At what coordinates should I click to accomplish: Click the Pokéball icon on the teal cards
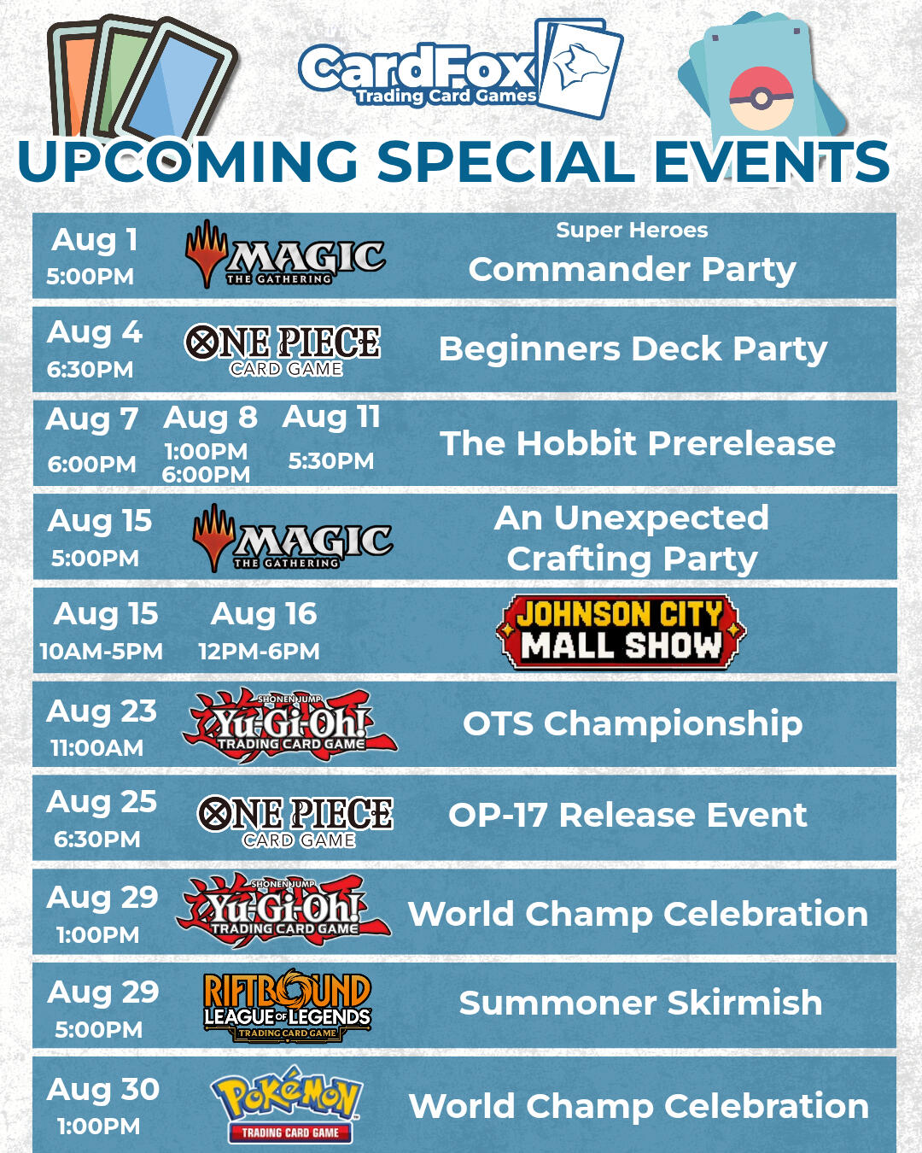(x=761, y=98)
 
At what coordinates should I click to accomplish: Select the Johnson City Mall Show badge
(x=621, y=631)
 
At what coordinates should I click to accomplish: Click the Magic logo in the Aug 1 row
(x=285, y=255)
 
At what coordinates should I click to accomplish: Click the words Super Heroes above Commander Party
(x=632, y=231)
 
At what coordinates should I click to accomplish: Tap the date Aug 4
(x=95, y=332)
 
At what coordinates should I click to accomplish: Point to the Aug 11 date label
(x=331, y=417)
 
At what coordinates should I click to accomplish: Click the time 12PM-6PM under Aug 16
(x=260, y=652)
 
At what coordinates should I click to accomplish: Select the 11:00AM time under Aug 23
(x=97, y=748)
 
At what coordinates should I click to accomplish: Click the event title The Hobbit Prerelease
(x=638, y=443)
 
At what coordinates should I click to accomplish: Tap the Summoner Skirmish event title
(x=641, y=1003)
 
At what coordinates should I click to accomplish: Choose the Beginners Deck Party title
(x=633, y=350)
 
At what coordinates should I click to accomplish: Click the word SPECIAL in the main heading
(x=507, y=161)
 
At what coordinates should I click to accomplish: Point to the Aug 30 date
(x=102, y=1089)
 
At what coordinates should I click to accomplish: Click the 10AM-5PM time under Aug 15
(x=102, y=652)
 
